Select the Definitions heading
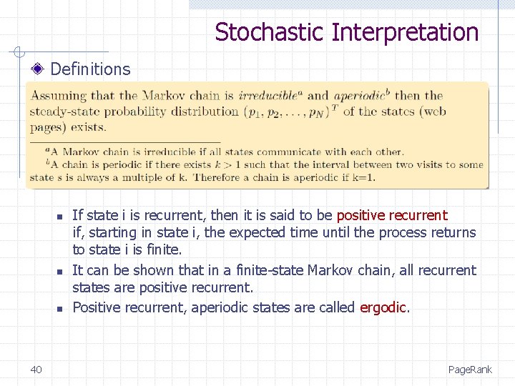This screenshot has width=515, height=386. pyautogui.click(x=91, y=69)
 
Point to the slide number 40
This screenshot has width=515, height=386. pyautogui.click(x=36, y=369)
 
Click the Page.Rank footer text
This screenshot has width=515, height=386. pyautogui.click(x=470, y=370)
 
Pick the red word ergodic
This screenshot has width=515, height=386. pyautogui.click(x=384, y=307)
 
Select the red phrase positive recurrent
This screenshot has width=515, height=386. pyautogui.click(x=392, y=215)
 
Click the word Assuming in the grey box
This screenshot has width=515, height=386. pyautogui.click(x=59, y=96)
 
